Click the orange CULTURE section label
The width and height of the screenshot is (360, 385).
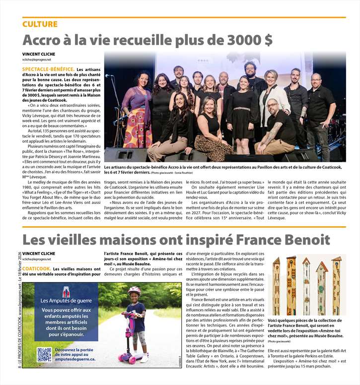[x=40, y=24]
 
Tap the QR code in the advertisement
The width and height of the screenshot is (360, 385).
[x=44, y=354]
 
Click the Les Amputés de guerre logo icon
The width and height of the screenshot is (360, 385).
[x=66, y=292]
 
